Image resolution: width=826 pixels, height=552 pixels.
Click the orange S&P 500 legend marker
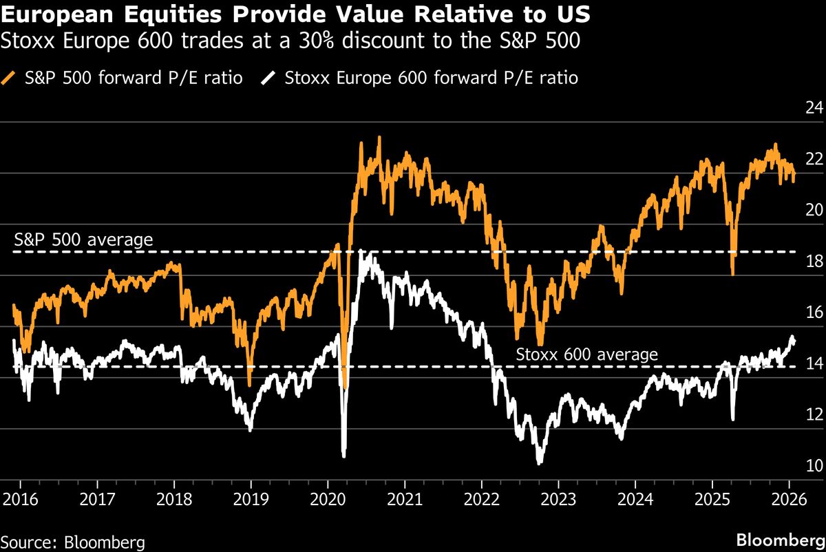(x=9, y=78)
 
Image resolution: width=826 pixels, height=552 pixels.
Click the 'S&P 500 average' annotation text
(x=83, y=240)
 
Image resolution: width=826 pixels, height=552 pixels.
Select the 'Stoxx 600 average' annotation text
(x=587, y=354)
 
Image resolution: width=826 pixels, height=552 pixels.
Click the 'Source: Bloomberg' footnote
(x=72, y=542)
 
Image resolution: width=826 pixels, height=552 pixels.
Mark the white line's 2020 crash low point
(x=343, y=454)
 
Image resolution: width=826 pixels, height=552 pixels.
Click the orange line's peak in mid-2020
(x=379, y=138)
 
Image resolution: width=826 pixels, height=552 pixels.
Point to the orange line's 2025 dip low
(x=732, y=274)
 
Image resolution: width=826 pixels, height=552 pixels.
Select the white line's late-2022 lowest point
(x=539, y=463)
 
